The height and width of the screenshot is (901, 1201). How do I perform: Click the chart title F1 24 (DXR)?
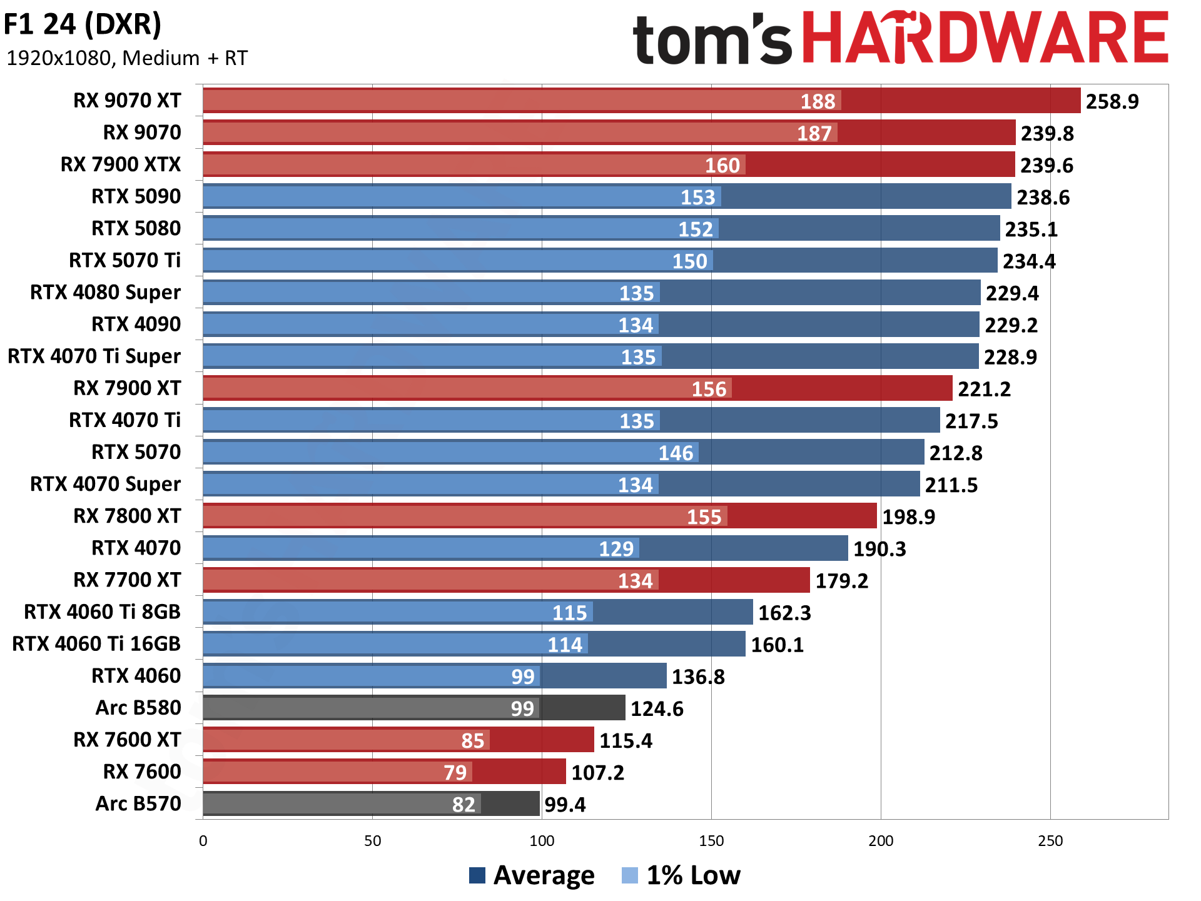[x=83, y=25]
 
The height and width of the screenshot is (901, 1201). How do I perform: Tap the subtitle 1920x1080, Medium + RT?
[x=127, y=58]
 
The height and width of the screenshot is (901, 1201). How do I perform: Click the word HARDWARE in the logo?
[x=985, y=39]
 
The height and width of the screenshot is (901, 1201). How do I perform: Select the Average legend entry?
[x=532, y=875]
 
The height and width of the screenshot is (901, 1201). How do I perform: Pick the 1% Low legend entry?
[x=682, y=875]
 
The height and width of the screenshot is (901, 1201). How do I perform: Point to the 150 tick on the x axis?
[x=711, y=841]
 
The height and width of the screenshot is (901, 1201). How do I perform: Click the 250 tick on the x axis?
[x=1050, y=841]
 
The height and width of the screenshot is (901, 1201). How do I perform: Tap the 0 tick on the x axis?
[x=203, y=841]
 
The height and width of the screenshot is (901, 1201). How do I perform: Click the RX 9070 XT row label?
[x=127, y=101]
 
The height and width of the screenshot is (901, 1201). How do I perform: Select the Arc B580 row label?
[x=138, y=708]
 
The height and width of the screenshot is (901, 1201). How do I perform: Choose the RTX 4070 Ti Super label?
[x=94, y=356]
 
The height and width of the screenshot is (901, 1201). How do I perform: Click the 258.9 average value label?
[x=1112, y=101]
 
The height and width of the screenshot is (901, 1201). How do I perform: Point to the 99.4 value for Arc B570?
[x=565, y=805]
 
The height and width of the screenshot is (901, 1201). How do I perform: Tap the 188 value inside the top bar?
[x=818, y=101]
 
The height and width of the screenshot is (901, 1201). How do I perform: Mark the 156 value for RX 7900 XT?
[x=709, y=389]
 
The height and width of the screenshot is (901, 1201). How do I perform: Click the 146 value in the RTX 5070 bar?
[x=676, y=453]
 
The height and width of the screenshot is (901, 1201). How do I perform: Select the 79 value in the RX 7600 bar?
[x=455, y=773]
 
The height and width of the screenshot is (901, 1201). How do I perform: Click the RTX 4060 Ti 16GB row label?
[x=96, y=644]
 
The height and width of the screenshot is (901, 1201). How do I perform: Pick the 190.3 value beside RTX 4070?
[x=879, y=549]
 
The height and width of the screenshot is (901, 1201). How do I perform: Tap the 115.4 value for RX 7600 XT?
[x=626, y=741]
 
